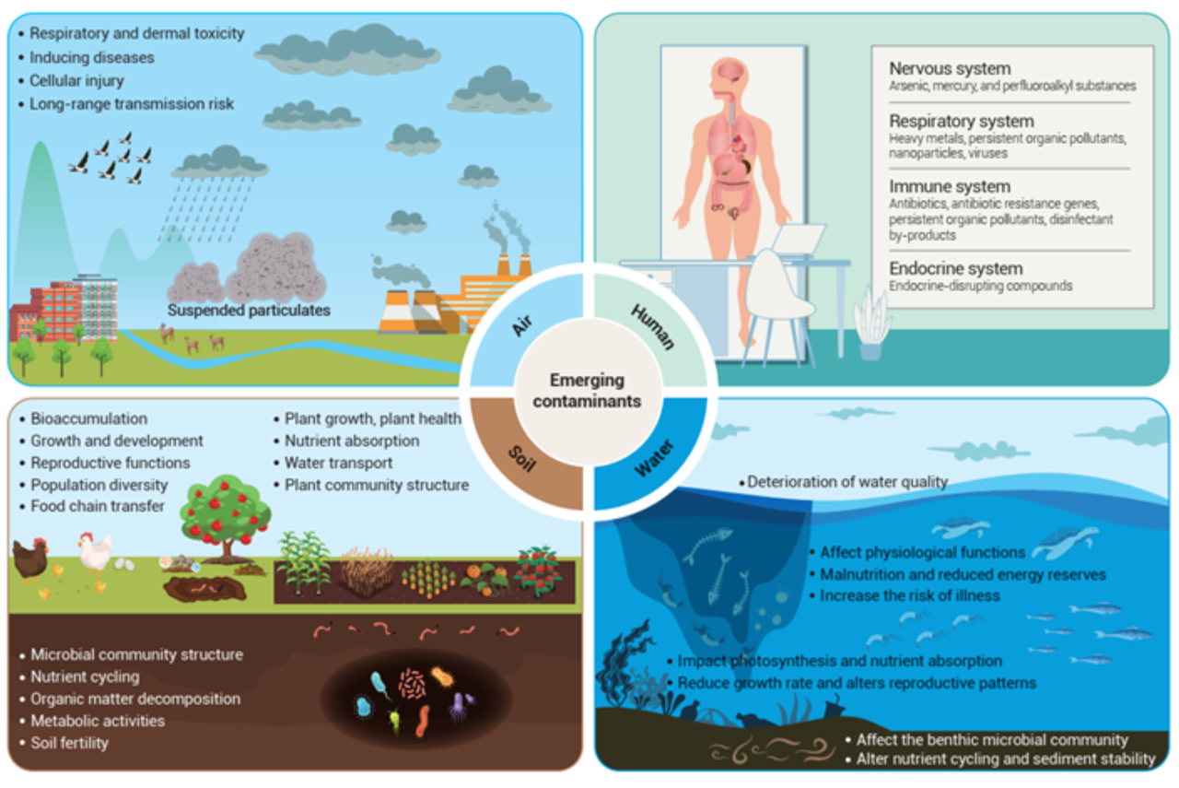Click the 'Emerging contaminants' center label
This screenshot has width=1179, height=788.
(587, 391)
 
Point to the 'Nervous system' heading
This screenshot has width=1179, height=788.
(949, 69)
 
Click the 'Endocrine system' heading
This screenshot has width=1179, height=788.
(955, 269)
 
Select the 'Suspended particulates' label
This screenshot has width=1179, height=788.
(249, 311)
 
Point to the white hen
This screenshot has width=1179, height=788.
(94, 553)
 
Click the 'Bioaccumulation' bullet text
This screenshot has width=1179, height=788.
(88, 418)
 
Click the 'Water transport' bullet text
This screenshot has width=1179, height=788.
(338, 463)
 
